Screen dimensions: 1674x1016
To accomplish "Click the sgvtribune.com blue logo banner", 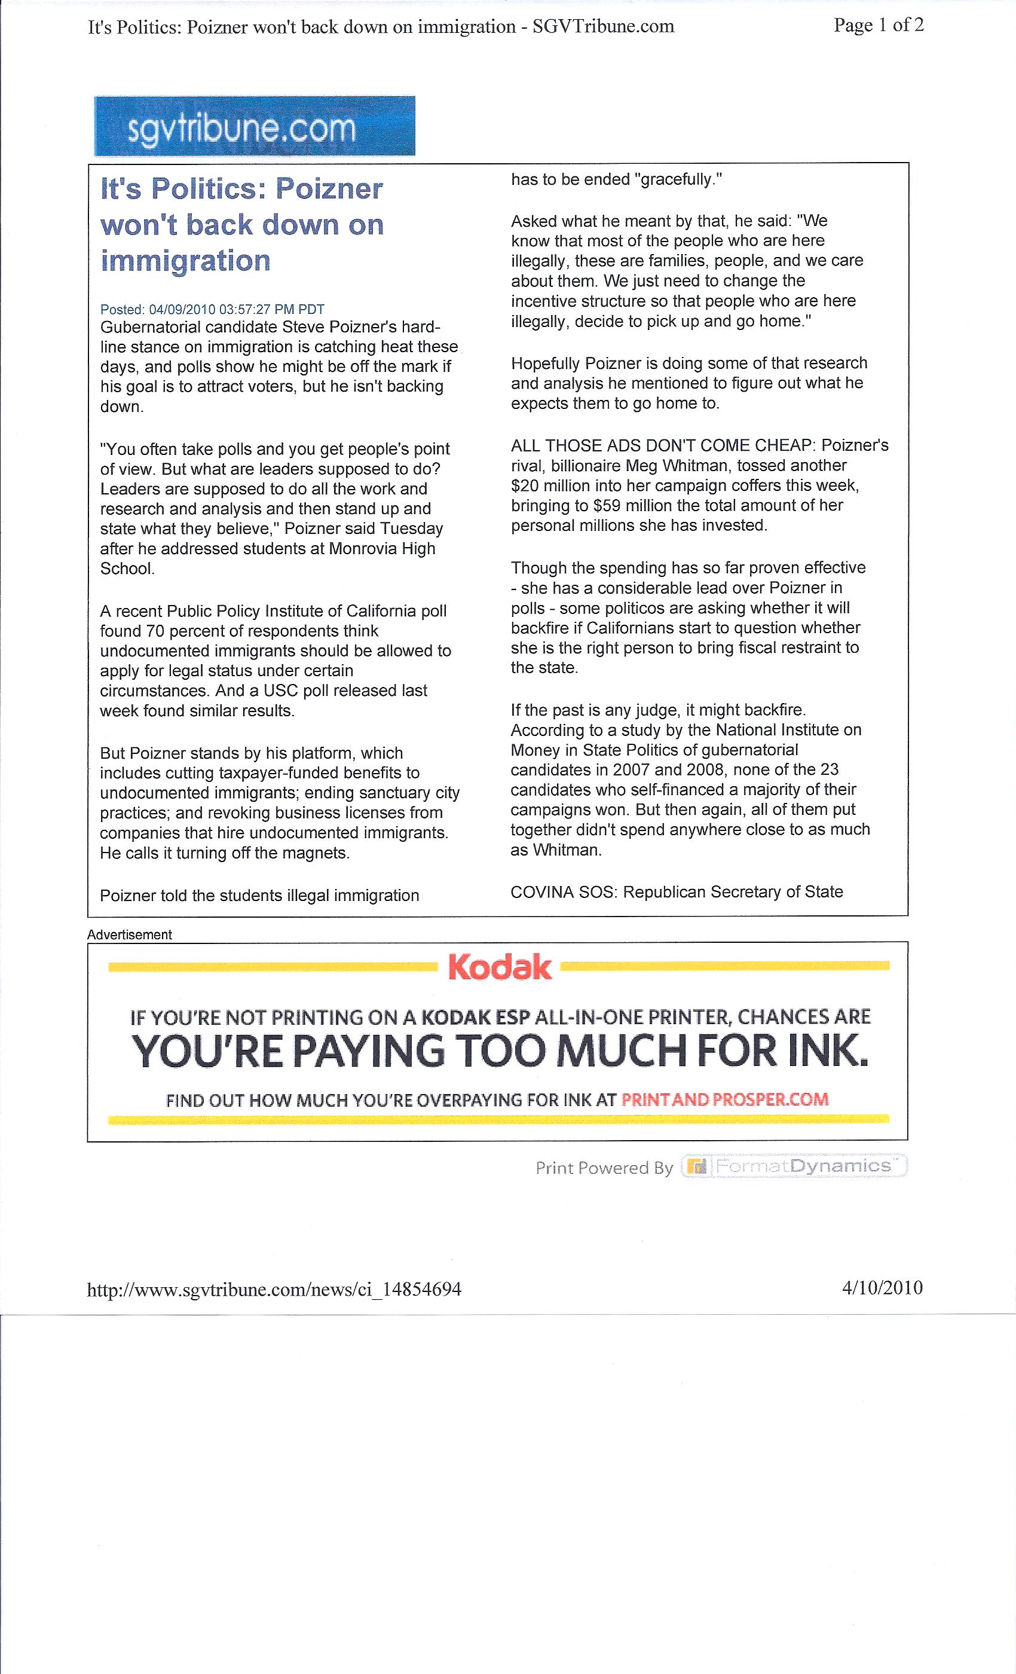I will tap(255, 126).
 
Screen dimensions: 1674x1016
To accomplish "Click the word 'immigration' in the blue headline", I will tap(185, 261).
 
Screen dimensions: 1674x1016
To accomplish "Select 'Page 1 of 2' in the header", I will tap(878, 26).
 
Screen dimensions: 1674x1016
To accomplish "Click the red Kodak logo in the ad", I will tap(500, 967).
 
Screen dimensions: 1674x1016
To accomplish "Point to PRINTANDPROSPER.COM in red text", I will tap(724, 1099).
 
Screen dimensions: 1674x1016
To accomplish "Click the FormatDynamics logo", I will tap(795, 1166).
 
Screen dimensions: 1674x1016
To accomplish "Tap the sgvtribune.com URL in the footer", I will tap(274, 1289).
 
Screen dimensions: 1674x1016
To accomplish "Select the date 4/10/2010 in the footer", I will tap(882, 1287).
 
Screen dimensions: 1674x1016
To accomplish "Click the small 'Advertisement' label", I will tap(129, 934).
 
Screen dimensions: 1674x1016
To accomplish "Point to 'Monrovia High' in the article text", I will tap(382, 548).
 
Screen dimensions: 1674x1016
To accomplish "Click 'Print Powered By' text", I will tap(604, 1168).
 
